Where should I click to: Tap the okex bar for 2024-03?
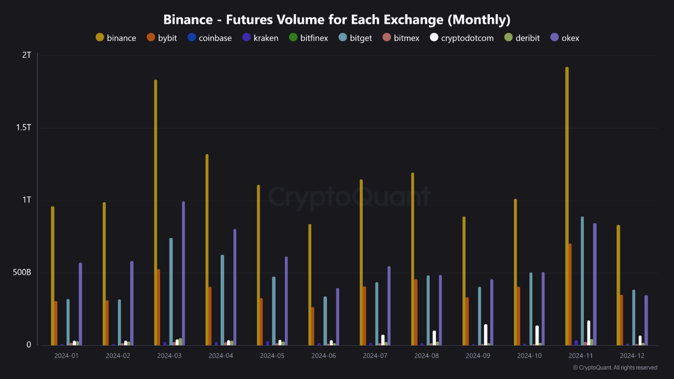(183, 273)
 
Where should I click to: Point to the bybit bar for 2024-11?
(570, 294)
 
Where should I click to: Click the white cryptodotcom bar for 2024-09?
(485, 335)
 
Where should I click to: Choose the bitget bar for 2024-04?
(222, 300)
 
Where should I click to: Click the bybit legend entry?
(162, 38)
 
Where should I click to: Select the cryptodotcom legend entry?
(462, 38)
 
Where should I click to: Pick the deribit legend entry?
(521, 38)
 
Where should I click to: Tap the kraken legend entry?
(260, 38)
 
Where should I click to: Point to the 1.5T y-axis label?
(23, 127)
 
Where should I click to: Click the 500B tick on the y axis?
(22, 273)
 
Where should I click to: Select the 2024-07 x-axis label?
(375, 356)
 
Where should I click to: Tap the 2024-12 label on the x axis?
(632, 356)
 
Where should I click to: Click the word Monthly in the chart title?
(479, 20)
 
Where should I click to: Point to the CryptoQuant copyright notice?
(615, 367)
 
